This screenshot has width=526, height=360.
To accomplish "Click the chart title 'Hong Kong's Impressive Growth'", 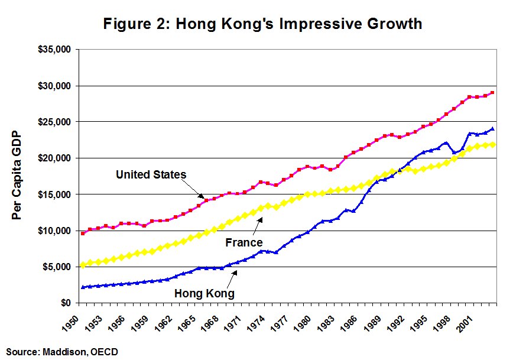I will [262, 24].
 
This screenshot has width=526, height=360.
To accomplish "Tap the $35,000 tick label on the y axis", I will [55, 50].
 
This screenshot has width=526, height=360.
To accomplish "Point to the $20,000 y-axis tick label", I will [55, 158].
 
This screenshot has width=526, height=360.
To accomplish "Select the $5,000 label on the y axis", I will [57, 267].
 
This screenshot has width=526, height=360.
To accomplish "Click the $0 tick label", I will [64, 303].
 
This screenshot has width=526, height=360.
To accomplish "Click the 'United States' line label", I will [151, 174].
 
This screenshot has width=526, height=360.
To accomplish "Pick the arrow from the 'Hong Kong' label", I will [228, 278].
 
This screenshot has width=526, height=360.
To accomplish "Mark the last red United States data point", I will [492, 93].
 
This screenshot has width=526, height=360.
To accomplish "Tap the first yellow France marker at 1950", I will [83, 265].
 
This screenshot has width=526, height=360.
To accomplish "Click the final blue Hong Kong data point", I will [492, 129].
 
